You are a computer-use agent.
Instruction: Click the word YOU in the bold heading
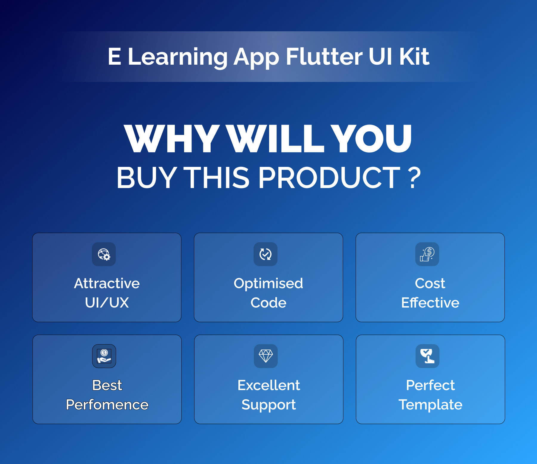pos(371,139)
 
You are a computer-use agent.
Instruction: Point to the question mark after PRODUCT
pos(415,178)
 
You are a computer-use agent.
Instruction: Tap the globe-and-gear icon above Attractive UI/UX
pos(104,254)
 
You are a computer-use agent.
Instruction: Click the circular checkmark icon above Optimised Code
pos(266,254)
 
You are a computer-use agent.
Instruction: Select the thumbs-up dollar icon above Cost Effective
pos(427,254)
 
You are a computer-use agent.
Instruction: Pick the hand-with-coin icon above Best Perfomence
pos(104,356)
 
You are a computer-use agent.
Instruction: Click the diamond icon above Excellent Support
pos(266,356)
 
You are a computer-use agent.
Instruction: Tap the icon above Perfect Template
pos(428,356)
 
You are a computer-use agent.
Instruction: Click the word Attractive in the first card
pos(107,283)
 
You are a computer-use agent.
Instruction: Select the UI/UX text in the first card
pos(107,302)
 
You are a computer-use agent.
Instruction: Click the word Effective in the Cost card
pos(430,302)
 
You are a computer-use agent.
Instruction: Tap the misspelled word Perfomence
pos(107,404)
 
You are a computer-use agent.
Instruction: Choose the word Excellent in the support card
pos(269,385)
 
